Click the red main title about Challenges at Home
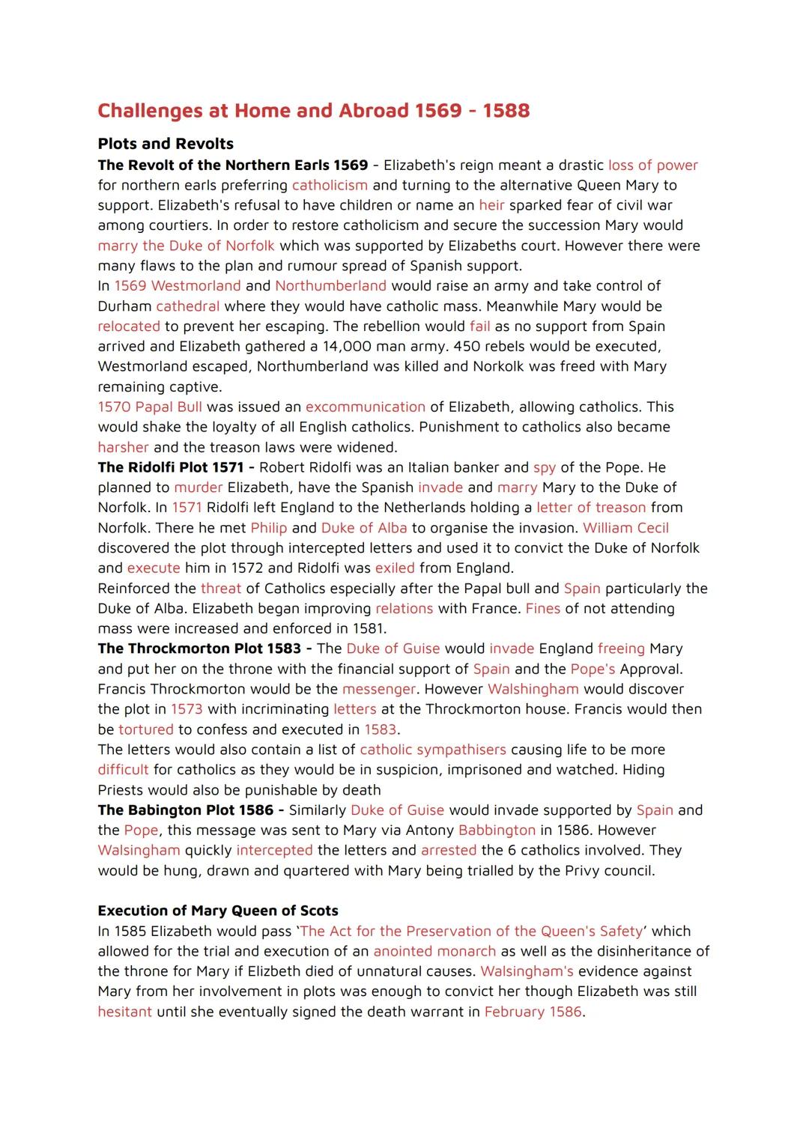coord(313,111)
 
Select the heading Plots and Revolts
coord(166,144)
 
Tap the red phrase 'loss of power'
coord(652,165)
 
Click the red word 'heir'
coord(491,205)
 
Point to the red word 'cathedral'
coord(187,306)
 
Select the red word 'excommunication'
coord(365,407)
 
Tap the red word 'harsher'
coord(123,448)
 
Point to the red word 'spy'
coord(545,467)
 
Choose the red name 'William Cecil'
coord(625,528)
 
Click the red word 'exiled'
coord(395,568)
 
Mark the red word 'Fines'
coord(543,609)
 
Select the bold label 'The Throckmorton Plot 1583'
coord(199,649)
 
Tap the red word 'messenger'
coord(378,689)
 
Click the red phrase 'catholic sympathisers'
coord(433,750)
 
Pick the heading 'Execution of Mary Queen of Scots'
coord(218,911)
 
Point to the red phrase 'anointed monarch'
coord(434,951)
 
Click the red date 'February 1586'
coord(533,1012)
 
